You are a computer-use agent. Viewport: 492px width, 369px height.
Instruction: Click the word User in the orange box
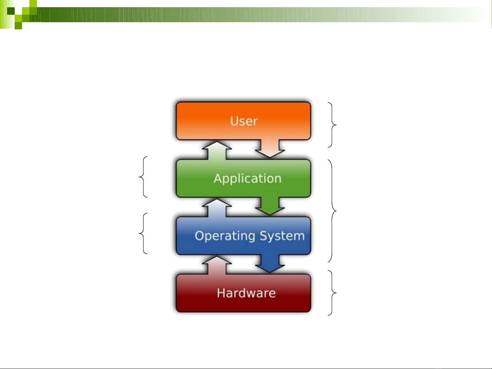click(244, 121)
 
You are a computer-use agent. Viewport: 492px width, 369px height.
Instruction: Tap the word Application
click(247, 179)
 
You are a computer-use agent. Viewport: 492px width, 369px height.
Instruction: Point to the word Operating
click(225, 236)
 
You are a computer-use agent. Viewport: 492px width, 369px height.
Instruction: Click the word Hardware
click(246, 293)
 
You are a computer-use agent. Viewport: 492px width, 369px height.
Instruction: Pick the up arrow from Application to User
click(217, 150)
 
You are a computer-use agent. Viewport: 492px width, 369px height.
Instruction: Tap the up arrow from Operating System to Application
click(217, 208)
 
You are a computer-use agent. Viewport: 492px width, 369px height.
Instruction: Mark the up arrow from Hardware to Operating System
click(217, 265)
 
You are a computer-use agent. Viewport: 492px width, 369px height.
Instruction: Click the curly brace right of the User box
click(332, 125)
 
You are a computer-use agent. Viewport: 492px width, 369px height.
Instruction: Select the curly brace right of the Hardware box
click(332, 293)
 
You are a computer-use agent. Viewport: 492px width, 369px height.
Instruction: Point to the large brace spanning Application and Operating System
click(333, 211)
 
